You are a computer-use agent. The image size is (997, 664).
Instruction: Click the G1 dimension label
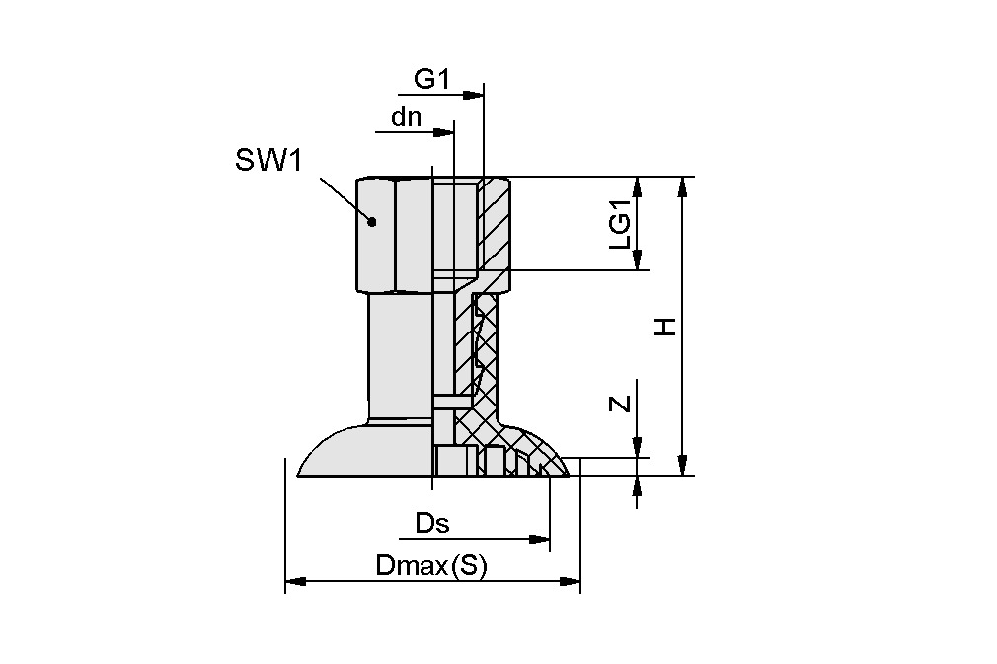(431, 80)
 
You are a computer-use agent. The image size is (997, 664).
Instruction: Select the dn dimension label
(406, 117)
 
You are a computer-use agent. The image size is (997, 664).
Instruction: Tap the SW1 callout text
(267, 161)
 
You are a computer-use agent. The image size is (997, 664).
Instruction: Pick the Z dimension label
(619, 403)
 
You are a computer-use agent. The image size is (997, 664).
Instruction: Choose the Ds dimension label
(431, 524)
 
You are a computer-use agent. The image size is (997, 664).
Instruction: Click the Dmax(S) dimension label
(431, 566)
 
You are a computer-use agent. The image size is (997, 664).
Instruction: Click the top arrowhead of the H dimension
(681, 185)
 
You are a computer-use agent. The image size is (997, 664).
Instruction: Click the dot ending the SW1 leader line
(372, 222)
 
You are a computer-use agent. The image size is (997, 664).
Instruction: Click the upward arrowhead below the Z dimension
(638, 483)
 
